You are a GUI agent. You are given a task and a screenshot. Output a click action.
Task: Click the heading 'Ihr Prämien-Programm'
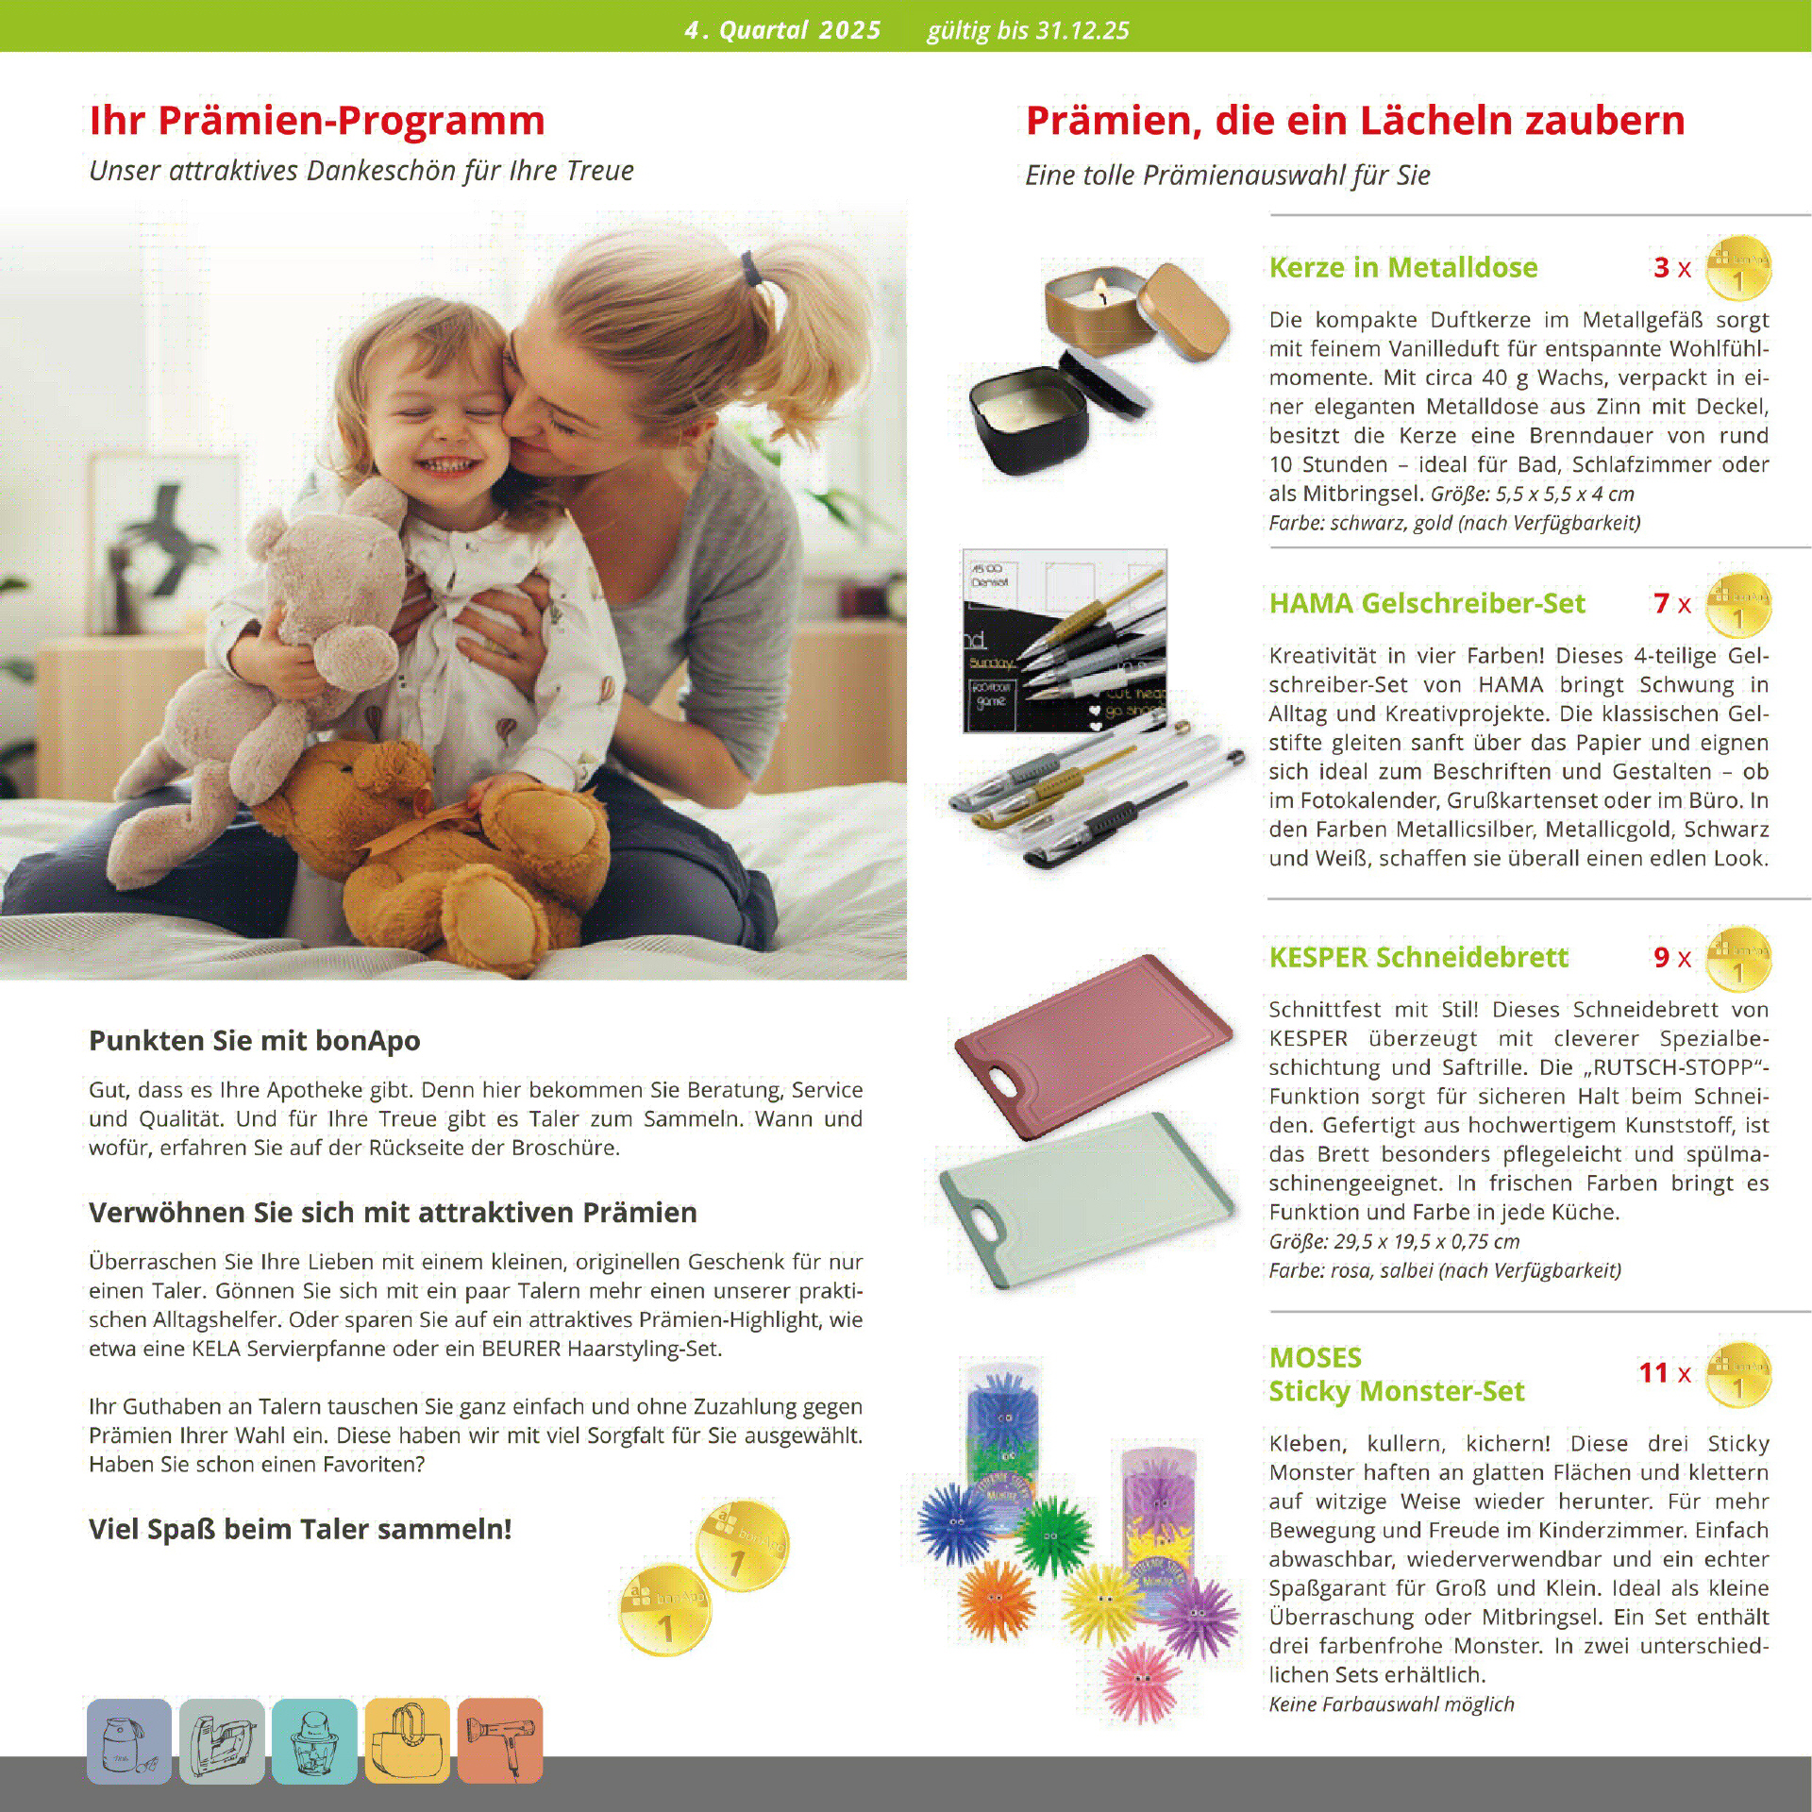pyautogui.click(x=317, y=121)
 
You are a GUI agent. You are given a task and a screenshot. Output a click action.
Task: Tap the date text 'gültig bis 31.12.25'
pyautogui.click(x=1028, y=30)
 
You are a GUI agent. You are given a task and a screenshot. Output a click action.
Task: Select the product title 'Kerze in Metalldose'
pyautogui.click(x=1402, y=268)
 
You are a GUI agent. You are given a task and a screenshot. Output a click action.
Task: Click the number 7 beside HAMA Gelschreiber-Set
pyautogui.click(x=1661, y=603)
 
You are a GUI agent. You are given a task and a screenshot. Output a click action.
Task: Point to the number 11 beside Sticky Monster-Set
pyautogui.click(x=1653, y=1372)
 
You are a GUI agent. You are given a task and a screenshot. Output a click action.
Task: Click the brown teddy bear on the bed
pyautogui.click(x=444, y=849)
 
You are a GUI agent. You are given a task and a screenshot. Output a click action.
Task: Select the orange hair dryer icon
pyautogui.click(x=500, y=1740)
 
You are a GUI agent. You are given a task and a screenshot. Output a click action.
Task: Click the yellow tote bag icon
pyautogui.click(x=408, y=1740)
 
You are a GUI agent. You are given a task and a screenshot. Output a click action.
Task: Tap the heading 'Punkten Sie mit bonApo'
pyautogui.click(x=255, y=1041)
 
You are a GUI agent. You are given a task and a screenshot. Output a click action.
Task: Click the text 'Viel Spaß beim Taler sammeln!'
pyautogui.click(x=300, y=1529)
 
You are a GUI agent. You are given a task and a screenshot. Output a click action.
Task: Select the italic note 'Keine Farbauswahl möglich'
pyautogui.click(x=1391, y=1704)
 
